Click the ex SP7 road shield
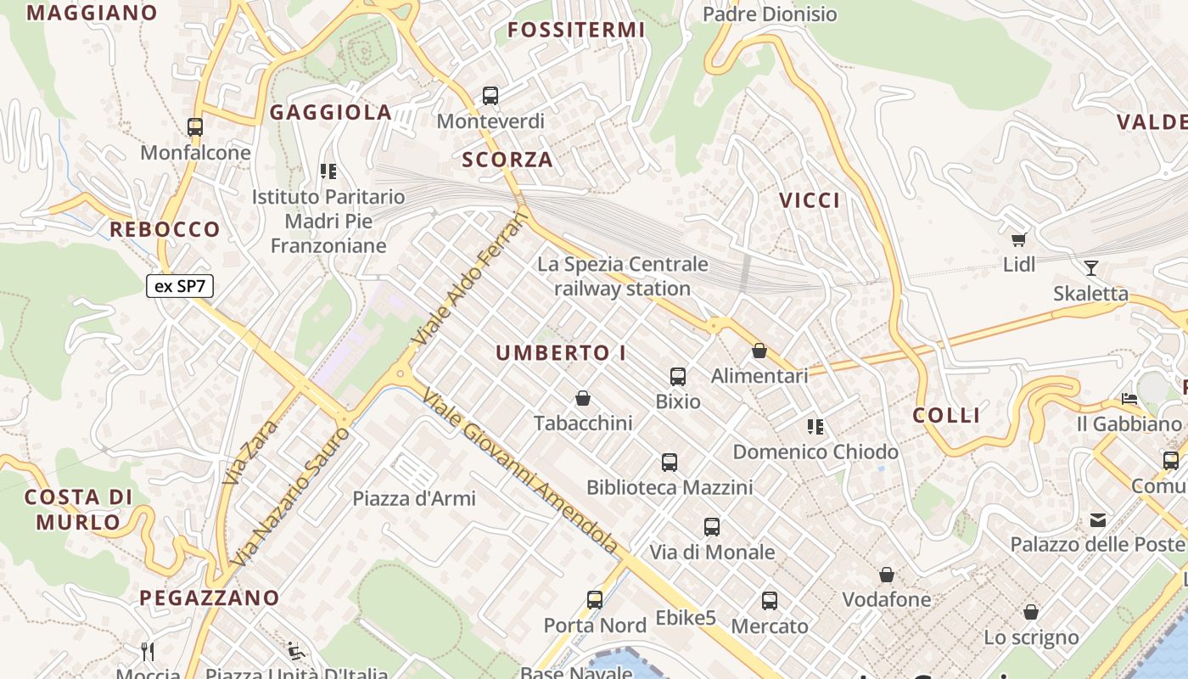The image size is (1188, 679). tap(180, 286)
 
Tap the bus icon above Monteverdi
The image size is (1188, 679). tap(490, 96)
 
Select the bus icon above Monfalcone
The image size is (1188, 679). tap(195, 127)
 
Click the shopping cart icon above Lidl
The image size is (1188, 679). tap(1018, 239)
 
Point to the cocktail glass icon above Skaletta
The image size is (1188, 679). tap(1091, 268)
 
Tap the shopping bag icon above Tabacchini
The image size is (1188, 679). tap(583, 397)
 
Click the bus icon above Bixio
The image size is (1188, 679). tap(677, 376)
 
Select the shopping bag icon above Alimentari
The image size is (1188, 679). tap(759, 351)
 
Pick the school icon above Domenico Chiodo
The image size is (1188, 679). tap(815, 426)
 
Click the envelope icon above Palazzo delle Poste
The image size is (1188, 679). tap(1098, 519)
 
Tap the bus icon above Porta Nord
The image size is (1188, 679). tap(595, 600)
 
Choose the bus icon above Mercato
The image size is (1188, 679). tap(770, 601)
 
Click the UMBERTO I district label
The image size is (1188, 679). tap(561, 353)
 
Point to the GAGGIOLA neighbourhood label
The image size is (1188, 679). tap(331, 112)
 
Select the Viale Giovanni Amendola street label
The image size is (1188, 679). tap(519, 472)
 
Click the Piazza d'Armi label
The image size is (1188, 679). tap(414, 498)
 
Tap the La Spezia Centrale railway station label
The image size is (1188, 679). tap(622, 276)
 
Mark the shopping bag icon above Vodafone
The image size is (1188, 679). tap(887, 575)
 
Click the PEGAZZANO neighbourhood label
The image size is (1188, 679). tap(210, 598)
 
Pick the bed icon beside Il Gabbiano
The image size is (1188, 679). tap(1129, 398)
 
